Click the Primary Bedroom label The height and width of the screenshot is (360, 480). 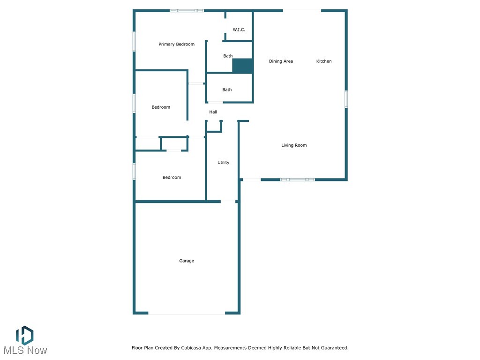(176, 45)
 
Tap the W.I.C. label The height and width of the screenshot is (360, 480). (239, 30)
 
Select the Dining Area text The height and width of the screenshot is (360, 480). (281, 61)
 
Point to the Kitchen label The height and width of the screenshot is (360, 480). (324, 61)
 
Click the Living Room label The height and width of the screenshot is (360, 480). (294, 145)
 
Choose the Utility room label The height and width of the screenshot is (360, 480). (223, 163)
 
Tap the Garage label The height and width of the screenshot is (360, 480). (187, 261)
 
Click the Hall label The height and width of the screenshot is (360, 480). (213, 112)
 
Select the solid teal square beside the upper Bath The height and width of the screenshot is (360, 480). (243, 66)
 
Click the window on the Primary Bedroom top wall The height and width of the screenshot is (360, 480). (187, 10)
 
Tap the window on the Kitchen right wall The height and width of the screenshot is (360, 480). (346, 99)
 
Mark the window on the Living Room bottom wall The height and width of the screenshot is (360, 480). (297, 180)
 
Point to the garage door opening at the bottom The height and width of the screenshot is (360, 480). (187, 314)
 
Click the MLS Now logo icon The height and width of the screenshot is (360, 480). (24, 335)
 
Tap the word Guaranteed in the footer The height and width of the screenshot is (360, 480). (331, 348)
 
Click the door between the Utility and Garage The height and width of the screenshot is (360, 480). (228, 202)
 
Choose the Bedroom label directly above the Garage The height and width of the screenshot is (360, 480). (172, 178)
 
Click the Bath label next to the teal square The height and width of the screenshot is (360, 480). (228, 56)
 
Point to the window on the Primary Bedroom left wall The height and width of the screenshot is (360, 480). (134, 41)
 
